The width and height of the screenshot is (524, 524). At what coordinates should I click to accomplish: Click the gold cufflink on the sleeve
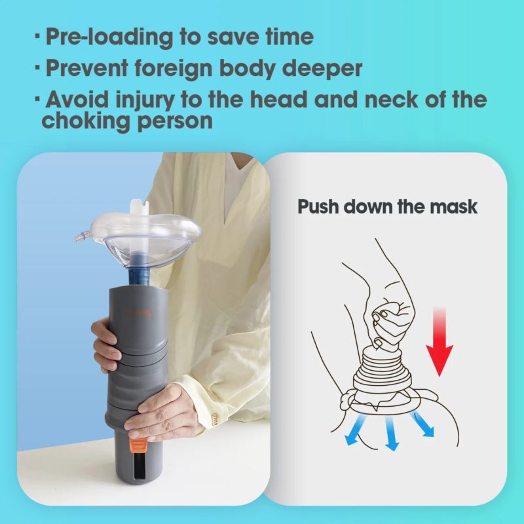pos(215,417)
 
